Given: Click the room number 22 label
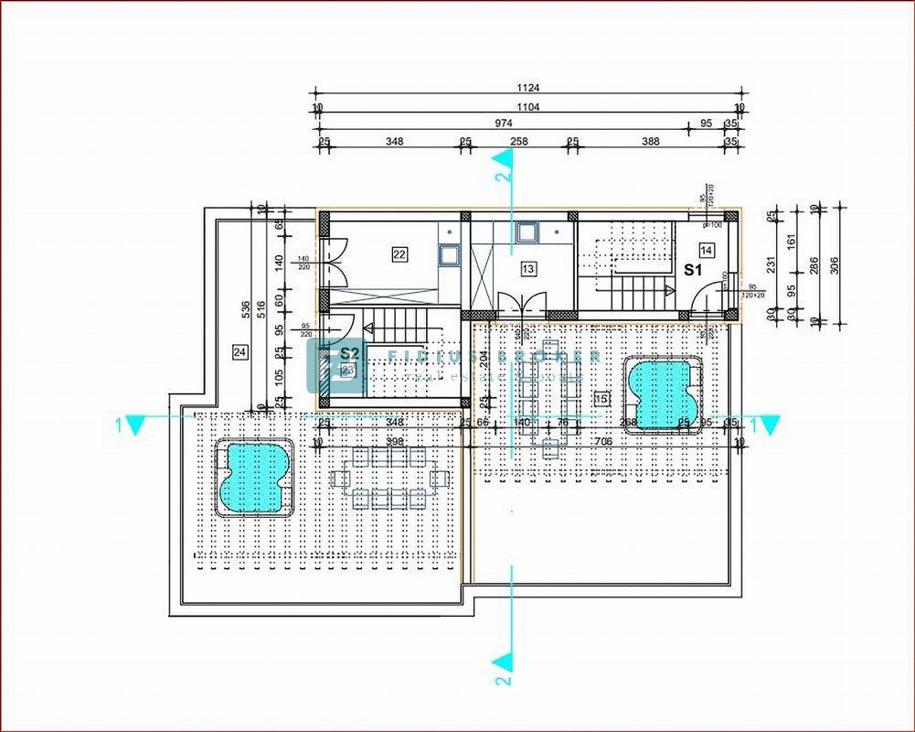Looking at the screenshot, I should coord(399,254).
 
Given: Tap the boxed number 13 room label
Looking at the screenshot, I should coord(528,268).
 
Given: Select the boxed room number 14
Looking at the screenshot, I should coord(707,249).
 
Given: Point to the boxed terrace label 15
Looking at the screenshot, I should coord(601,398).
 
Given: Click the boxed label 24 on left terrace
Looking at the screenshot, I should coord(240,350).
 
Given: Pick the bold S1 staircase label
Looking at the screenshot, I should coord(693,270).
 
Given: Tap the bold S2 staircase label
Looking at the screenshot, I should coord(348,352).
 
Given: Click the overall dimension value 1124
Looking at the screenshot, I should coord(528,89).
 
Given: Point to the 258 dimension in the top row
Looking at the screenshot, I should coord(518,142).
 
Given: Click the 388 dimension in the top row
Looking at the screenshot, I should coord(650,142).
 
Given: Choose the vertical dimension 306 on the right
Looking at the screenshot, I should coord(834,265).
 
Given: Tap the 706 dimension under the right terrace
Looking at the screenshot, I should coord(603,441).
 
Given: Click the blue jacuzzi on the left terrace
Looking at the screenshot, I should coord(253,476).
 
